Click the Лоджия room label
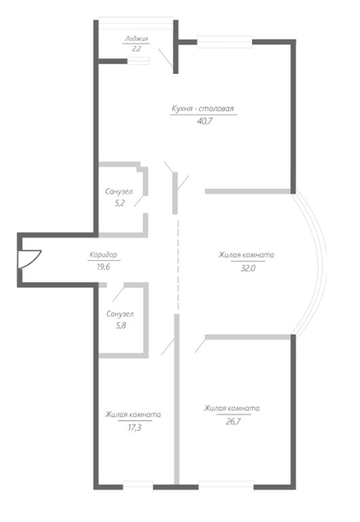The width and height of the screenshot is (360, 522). tap(136, 39)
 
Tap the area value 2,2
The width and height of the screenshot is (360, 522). tap(136, 48)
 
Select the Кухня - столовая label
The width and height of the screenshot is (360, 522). tap(203, 109)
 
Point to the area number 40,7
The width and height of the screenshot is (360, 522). tap(205, 121)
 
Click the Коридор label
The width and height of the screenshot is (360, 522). tap(103, 255)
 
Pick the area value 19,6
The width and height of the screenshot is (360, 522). tap(103, 267)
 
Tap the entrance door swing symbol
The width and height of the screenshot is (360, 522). tap(30, 259)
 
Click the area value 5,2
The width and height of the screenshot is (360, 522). tap(120, 203)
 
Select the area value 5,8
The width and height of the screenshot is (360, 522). tap(121, 325)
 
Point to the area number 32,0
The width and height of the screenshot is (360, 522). tap(248, 268)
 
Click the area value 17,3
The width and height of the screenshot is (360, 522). tap(135, 428)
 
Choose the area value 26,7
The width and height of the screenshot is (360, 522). tap(233, 421)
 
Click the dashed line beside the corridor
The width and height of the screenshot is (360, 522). tap(178, 265)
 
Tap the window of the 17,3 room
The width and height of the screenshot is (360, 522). tap(138, 486)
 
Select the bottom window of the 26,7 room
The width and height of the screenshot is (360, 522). tap(226, 486)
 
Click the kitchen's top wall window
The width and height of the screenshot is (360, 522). tap(224, 41)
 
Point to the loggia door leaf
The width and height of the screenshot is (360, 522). tap(166, 58)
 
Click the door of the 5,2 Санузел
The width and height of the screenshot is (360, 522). tap(140, 201)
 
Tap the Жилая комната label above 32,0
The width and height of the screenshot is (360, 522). tap(246, 255)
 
